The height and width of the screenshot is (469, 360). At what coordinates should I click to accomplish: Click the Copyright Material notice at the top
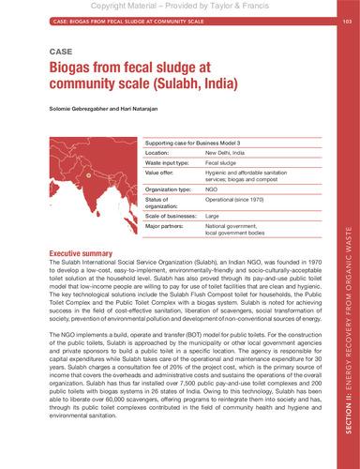(x=179, y=6)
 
